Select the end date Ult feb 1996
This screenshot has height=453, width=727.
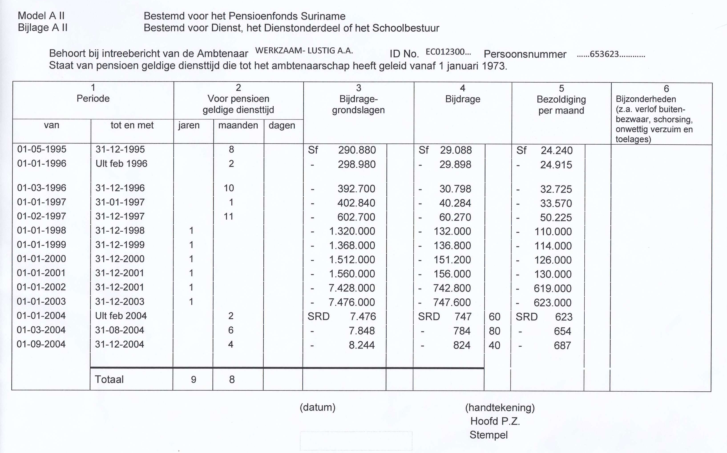click(121, 164)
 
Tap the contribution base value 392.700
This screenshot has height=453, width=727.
click(356, 189)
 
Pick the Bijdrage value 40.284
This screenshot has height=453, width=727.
click(455, 203)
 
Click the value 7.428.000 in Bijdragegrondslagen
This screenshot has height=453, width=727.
click(352, 288)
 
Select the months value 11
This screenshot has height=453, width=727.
click(228, 216)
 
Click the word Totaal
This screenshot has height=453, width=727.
click(109, 380)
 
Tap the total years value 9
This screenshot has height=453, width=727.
click(194, 380)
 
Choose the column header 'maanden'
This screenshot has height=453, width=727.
click(238, 125)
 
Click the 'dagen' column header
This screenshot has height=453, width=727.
click(282, 125)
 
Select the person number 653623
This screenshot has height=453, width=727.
click(604, 54)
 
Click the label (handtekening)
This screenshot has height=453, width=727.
click(500, 407)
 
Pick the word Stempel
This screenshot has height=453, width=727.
click(488, 435)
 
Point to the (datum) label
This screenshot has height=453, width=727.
click(317, 407)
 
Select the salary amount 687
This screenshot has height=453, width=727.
click(562, 346)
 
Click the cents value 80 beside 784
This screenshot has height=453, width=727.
click(494, 331)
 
